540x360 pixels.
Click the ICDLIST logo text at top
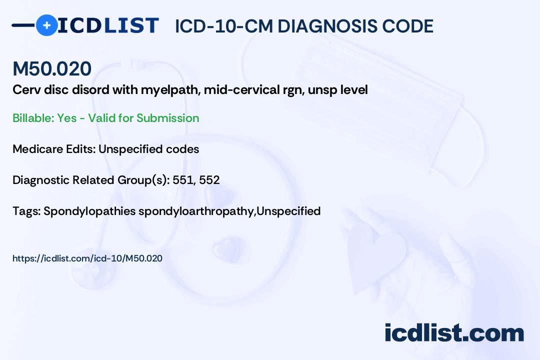108,25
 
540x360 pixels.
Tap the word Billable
32,118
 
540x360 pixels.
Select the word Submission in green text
167,118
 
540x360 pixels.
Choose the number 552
209,180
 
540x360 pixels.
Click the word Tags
26,211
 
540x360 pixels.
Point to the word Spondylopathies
89,211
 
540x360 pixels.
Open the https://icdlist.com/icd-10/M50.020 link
87,258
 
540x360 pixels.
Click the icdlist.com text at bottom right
454,333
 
